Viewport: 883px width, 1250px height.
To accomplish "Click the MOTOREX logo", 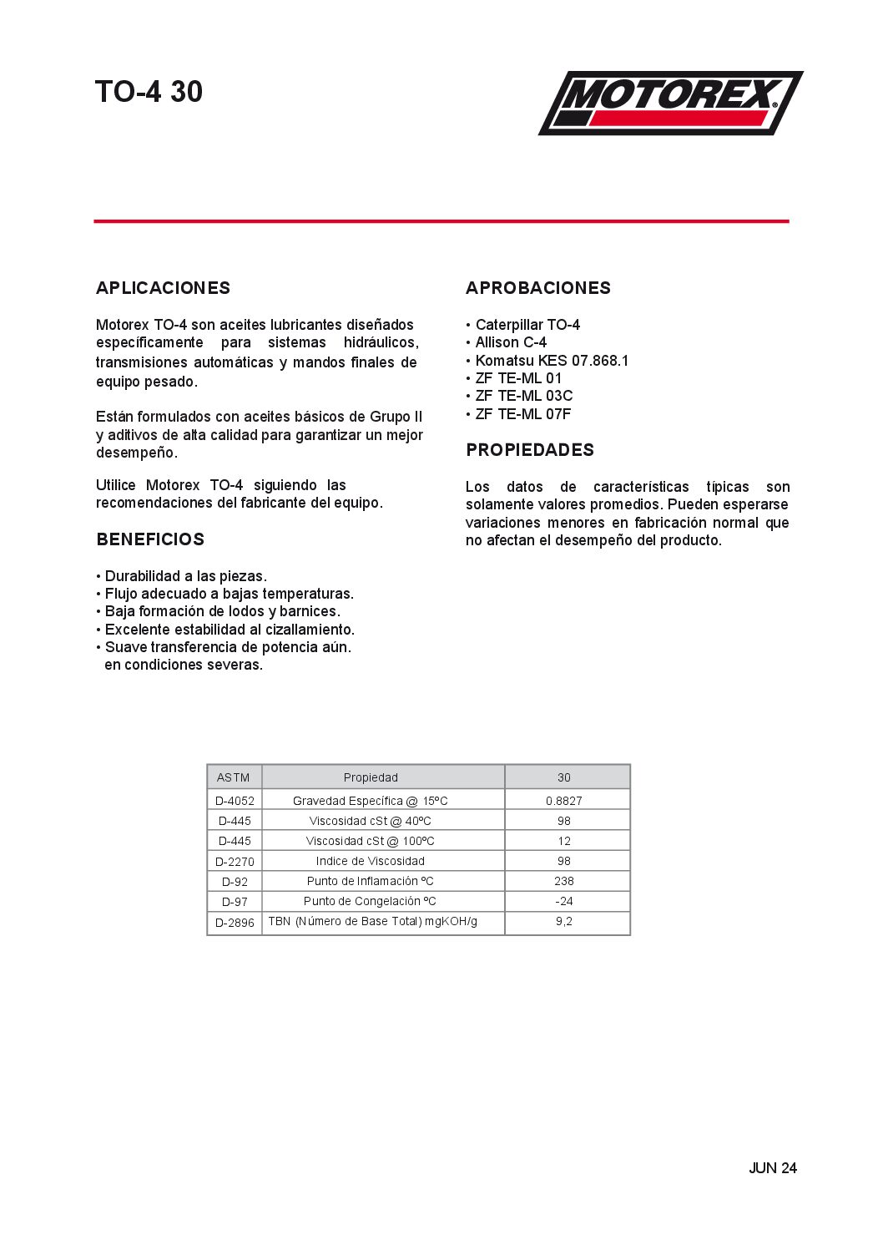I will coord(670,103).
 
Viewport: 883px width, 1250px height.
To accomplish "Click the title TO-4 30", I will coord(149,92).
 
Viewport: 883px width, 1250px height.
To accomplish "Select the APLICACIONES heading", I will coord(163,288).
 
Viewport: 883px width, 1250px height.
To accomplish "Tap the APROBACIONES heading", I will coord(537,288).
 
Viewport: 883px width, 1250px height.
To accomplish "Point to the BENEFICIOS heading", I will coord(150,539).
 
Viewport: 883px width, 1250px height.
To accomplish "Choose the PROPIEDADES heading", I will coord(530,450).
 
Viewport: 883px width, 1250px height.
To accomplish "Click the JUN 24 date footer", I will coord(772,1168).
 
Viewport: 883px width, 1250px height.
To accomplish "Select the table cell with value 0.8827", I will coord(564,801).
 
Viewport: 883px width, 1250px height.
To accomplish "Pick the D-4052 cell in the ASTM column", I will coord(235,801).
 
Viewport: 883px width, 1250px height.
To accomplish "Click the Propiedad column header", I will coord(371,777).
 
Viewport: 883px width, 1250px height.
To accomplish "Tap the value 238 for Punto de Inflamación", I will coord(564,881).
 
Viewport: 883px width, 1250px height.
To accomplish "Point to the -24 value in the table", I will coord(564,901).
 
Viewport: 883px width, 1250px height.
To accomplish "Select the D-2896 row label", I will coord(235,923).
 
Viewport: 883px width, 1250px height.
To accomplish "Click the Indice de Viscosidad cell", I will coord(370,861).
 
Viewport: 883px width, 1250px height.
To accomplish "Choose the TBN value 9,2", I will coord(564,921).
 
